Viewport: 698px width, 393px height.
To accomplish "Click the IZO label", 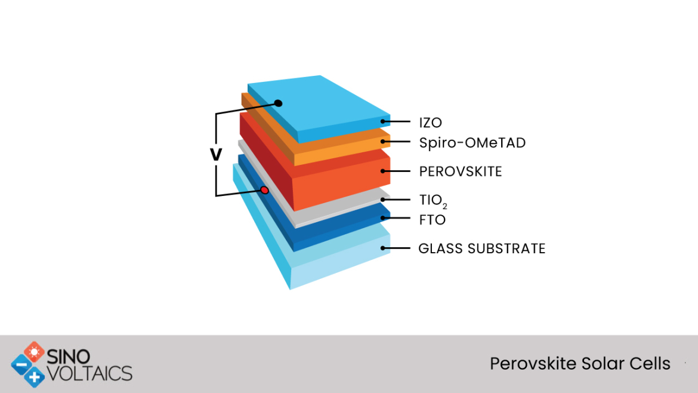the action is point(431,122).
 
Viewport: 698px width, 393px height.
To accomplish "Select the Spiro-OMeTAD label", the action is point(472,143).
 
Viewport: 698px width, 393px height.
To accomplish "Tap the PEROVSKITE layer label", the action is point(461,171).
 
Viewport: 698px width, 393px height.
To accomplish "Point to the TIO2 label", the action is point(433,201).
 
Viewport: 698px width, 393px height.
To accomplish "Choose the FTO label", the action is point(433,220).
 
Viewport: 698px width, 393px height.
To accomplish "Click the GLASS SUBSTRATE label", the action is point(481,248).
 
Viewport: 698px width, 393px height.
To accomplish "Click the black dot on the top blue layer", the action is point(278,103).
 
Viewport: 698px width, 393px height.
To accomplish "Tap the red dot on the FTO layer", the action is point(264,191).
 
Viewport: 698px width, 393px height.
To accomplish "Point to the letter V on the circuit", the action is point(216,155).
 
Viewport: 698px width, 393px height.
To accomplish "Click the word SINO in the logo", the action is point(69,357).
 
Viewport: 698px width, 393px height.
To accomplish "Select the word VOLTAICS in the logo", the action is point(89,373).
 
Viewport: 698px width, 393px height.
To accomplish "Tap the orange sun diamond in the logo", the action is point(34,352).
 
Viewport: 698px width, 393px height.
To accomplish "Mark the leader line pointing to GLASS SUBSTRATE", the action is point(396,248).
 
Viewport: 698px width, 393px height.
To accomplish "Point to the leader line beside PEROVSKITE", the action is point(396,171).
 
